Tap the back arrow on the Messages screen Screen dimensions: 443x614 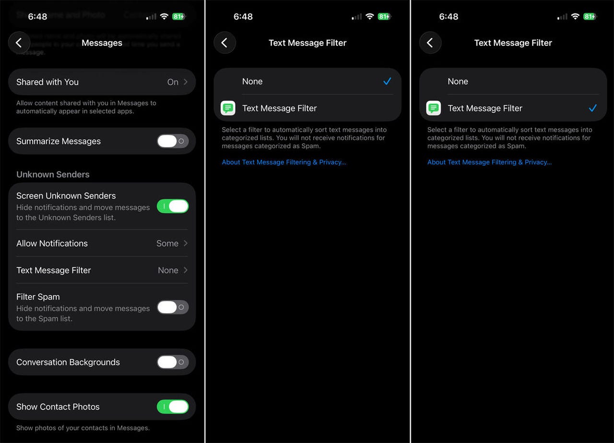pos(19,43)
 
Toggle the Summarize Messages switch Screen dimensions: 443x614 pos(173,141)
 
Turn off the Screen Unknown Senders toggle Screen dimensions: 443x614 pos(173,206)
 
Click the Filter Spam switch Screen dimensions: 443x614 pos(173,307)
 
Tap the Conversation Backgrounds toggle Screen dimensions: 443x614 pos(173,362)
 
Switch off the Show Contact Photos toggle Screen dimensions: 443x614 pos(173,407)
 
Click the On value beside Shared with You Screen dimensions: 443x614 pos(173,82)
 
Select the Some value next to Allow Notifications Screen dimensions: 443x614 pos(167,243)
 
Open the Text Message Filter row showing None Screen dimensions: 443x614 pos(102,270)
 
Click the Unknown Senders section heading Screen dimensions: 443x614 pos(53,174)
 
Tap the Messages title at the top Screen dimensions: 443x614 pos(102,43)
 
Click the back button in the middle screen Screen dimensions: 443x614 pos(224,43)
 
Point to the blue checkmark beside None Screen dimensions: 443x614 pos(387,81)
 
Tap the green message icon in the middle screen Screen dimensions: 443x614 pos(228,108)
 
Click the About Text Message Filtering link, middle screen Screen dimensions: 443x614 pos(284,162)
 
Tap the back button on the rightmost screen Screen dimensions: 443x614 pos(430,43)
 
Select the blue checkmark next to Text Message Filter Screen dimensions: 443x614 pos(592,108)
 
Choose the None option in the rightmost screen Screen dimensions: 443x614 pos(458,81)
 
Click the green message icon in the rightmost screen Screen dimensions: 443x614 pos(434,108)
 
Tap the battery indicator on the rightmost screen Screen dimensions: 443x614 pos(590,16)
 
